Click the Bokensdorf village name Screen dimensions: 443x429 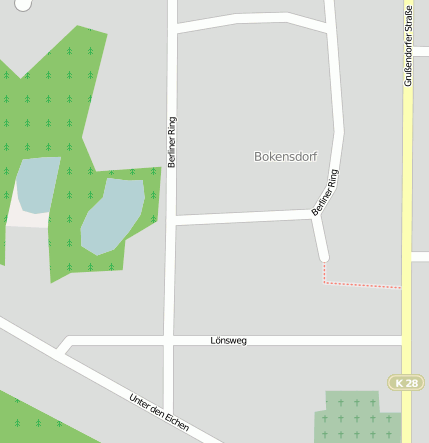coord(286,157)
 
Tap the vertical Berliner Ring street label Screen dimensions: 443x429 coord(172,141)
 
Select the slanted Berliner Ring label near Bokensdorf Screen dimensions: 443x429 coord(325,192)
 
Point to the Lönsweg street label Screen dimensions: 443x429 coord(228,340)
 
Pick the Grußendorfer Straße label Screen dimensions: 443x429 coord(408,46)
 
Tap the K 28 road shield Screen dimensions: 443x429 coord(406,383)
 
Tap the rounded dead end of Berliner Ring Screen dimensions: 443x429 coord(322,255)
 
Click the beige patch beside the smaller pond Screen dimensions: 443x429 coord(25,218)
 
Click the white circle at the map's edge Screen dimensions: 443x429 coord(22,4)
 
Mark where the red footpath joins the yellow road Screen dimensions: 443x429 coord(401,288)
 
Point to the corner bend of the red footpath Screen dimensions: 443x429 coord(324,282)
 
